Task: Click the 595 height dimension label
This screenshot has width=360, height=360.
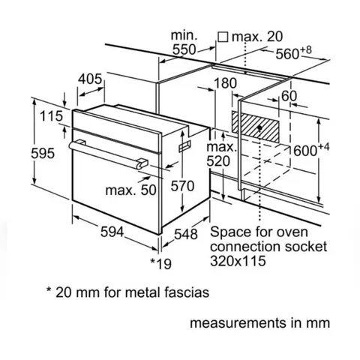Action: point(43,153)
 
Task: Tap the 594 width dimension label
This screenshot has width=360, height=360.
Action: point(112,232)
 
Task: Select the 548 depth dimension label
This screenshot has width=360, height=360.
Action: point(186,234)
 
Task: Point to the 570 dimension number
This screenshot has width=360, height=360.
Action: point(182,186)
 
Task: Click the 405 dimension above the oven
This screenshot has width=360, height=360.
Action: point(90,79)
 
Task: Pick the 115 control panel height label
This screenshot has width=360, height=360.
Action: point(51,116)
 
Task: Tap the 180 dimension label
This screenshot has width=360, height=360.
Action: point(225,83)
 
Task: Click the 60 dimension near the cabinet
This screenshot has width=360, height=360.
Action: point(289,96)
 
